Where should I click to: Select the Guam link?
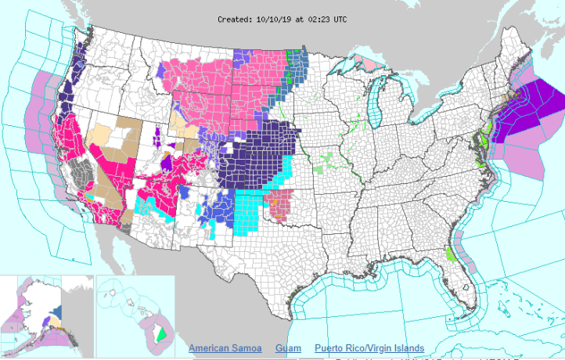[x=287, y=348]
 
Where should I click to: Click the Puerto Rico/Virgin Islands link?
[x=369, y=348]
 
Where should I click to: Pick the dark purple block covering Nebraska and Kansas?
[x=258, y=157]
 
